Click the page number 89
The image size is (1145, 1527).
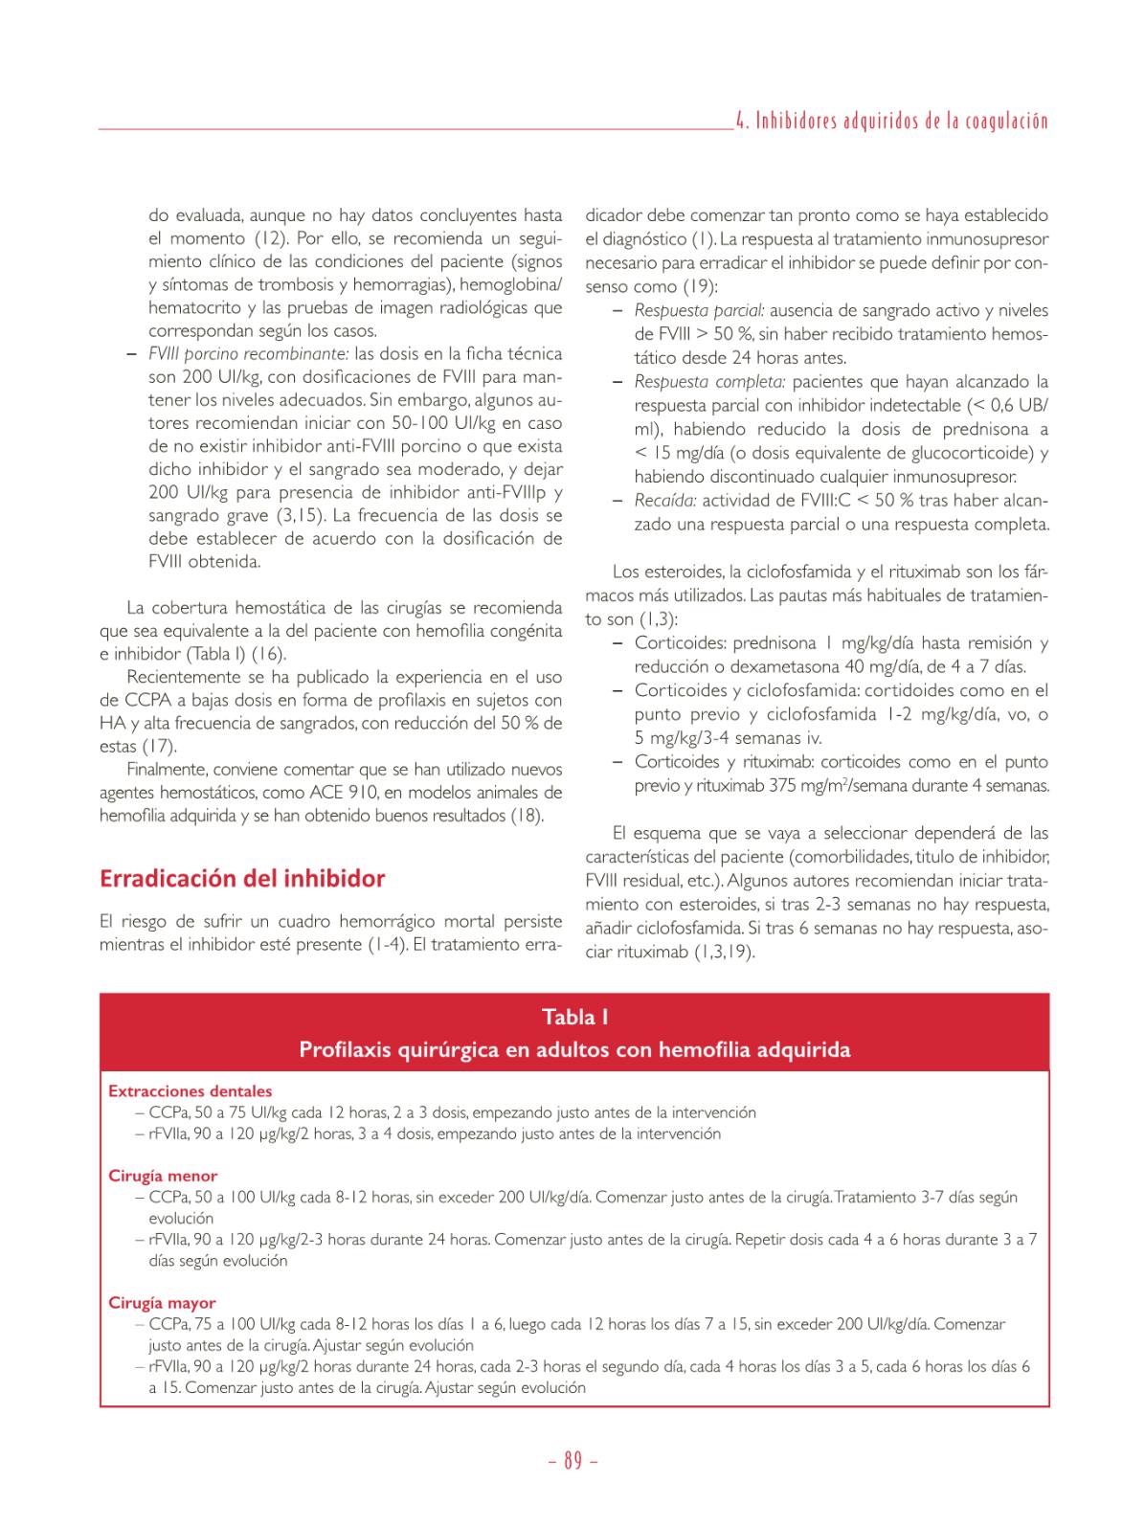pos(572,1461)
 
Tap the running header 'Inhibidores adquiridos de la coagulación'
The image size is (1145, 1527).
pos(899,122)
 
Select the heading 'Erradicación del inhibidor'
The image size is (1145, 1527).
pos(242,878)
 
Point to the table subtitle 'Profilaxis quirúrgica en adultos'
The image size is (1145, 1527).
pos(574,1049)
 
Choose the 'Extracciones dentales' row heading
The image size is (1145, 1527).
pos(190,1090)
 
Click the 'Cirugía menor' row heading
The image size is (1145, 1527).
pos(163,1176)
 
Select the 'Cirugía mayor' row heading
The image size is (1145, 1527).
pos(162,1303)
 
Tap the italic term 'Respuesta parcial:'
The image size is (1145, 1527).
pos(699,310)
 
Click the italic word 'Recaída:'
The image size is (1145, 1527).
pos(664,500)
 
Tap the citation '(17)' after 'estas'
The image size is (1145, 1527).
pos(159,746)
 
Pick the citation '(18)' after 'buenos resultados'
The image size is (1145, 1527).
pos(526,816)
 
